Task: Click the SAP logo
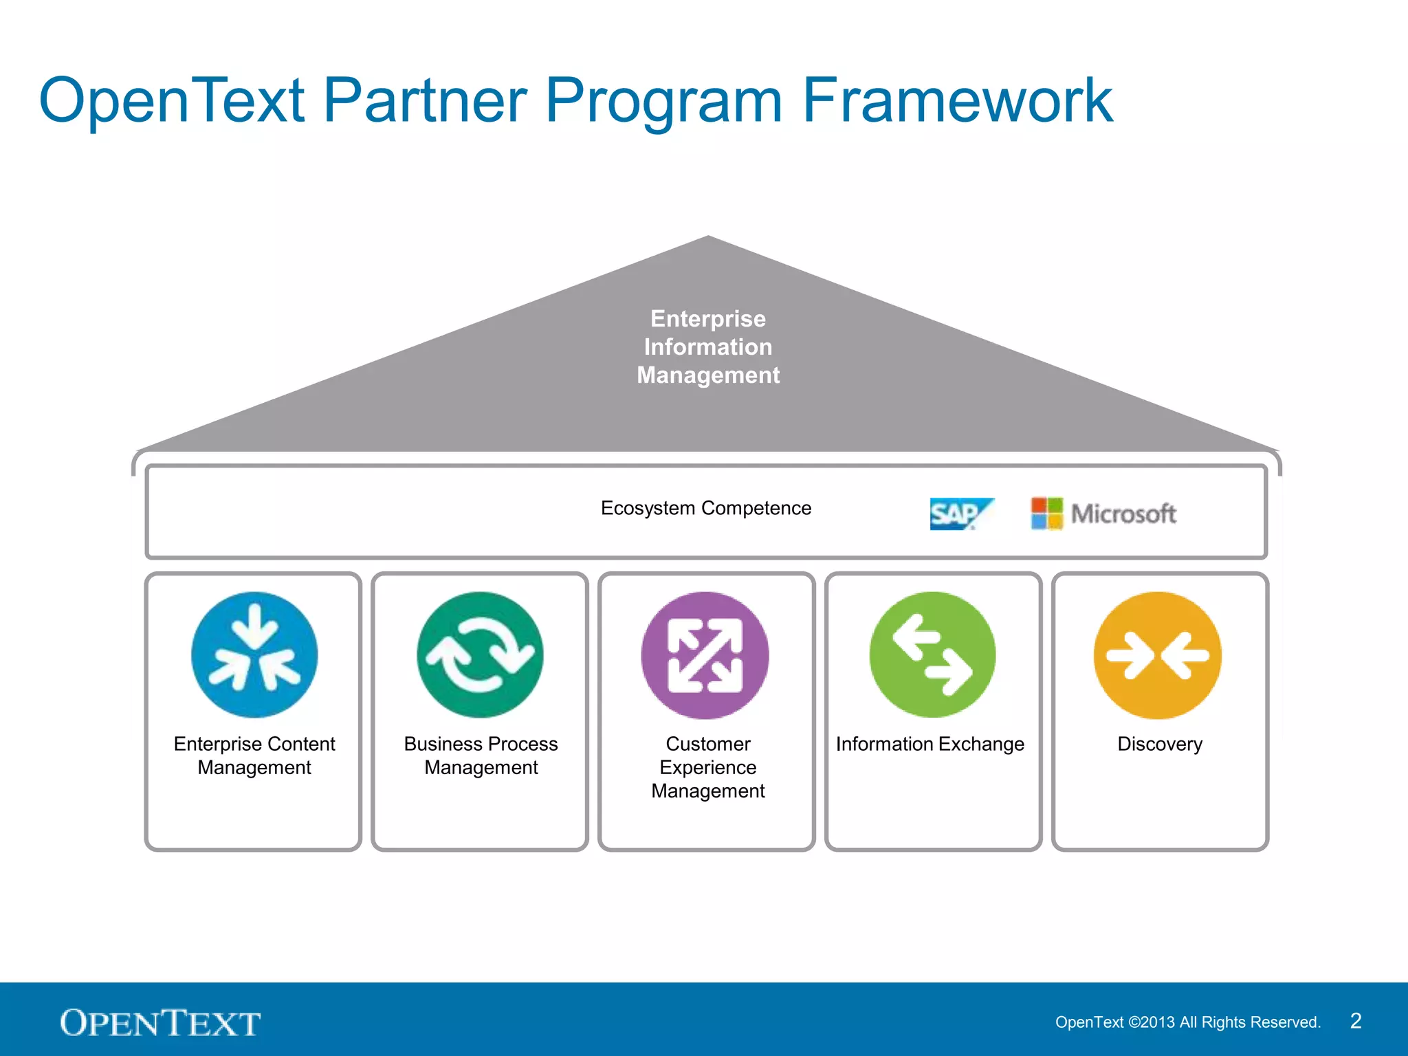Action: [x=959, y=514]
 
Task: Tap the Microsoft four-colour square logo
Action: [x=1046, y=514]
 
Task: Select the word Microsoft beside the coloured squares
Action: [x=1123, y=514]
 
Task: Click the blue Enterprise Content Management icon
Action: [x=254, y=654]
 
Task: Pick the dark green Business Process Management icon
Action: [x=480, y=654]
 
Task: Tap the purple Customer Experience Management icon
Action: [x=705, y=654]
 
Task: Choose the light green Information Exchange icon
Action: [x=932, y=654]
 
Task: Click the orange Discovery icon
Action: [x=1158, y=654]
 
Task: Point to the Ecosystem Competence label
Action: [x=706, y=508]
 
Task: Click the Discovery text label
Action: [x=1160, y=744]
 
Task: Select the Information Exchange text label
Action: [x=930, y=744]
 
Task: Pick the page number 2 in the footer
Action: [x=1356, y=1021]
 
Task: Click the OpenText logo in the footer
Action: [x=160, y=1023]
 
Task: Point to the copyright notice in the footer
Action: [x=1188, y=1022]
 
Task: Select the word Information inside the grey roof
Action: [x=708, y=347]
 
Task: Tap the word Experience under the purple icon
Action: [x=708, y=767]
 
